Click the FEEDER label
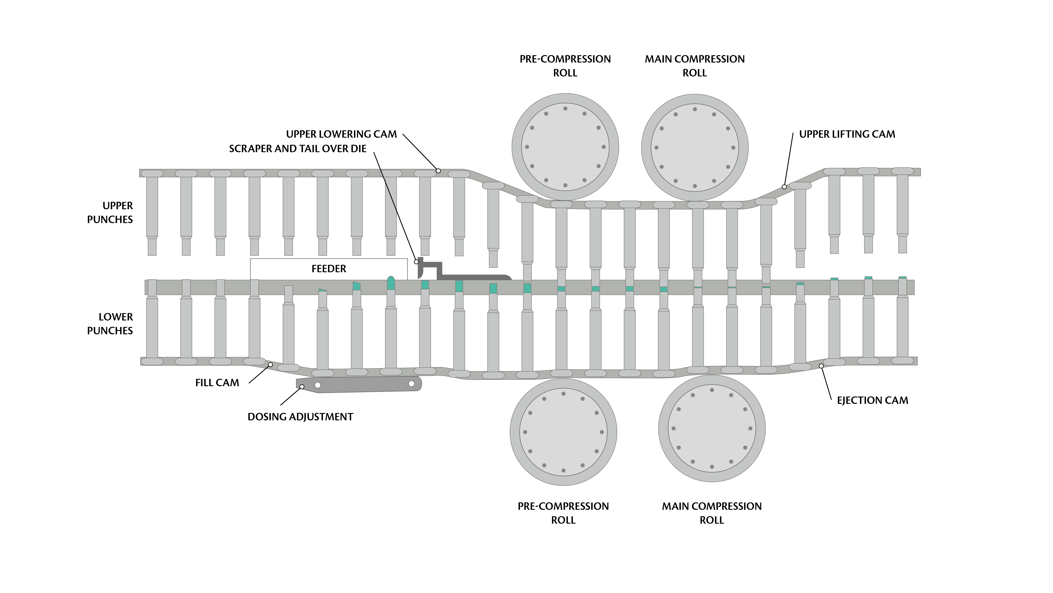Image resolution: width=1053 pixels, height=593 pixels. point(329,269)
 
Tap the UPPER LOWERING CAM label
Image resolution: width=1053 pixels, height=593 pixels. point(341,134)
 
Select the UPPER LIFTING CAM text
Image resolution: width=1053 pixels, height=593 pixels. point(847,134)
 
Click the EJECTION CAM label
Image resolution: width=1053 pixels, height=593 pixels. point(872,400)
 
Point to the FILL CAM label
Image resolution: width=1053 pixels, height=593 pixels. point(217,383)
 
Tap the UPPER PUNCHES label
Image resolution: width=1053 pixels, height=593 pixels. point(110,213)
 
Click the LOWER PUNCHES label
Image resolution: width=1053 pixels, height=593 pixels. point(110,324)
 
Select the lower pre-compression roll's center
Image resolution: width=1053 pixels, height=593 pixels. point(563,432)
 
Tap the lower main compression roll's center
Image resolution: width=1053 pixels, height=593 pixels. point(712,429)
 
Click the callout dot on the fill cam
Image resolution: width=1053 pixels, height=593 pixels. point(270,364)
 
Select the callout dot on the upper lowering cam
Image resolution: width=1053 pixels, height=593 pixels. point(438,171)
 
